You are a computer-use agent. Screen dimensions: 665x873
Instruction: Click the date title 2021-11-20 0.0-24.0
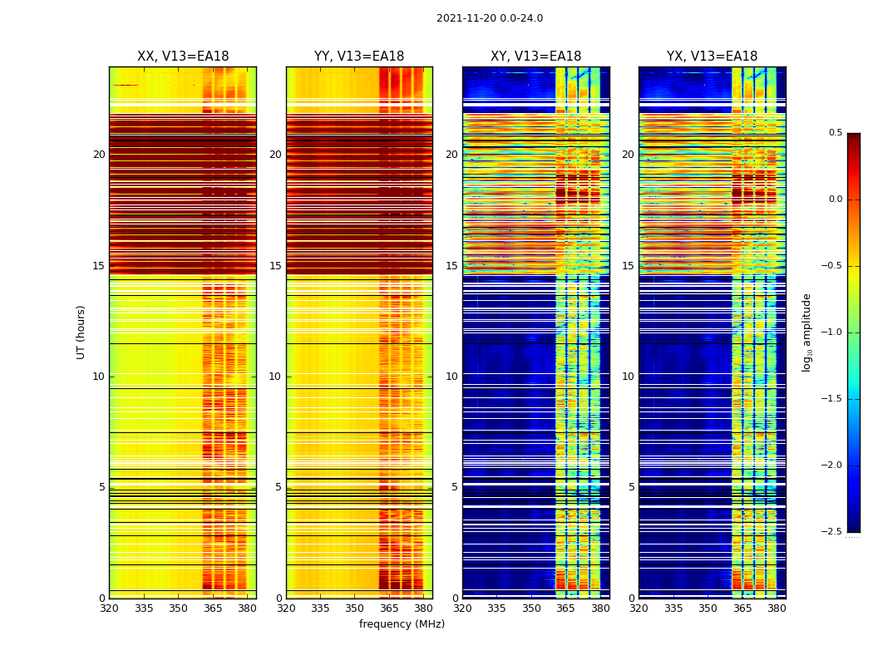click(489, 18)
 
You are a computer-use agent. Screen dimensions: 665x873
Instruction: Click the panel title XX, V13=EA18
click(183, 57)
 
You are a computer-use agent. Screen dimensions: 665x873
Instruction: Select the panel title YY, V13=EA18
click(359, 57)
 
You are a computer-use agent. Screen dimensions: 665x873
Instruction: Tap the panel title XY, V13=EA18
click(535, 57)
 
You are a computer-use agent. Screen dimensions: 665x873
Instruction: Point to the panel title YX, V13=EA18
click(712, 57)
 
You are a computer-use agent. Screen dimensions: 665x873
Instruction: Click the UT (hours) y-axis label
click(81, 332)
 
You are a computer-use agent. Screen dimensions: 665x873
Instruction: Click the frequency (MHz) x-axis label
click(402, 624)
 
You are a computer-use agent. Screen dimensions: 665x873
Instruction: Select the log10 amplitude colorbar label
click(806, 332)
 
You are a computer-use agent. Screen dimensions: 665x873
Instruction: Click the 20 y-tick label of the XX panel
click(99, 155)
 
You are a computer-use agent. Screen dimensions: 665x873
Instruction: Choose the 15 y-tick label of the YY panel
click(275, 266)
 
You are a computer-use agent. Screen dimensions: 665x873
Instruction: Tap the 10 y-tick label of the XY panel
click(451, 377)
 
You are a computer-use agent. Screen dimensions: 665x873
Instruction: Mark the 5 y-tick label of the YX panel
click(631, 487)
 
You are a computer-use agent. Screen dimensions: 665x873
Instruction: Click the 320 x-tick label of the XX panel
click(109, 608)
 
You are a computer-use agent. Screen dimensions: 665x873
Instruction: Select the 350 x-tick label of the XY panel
click(531, 608)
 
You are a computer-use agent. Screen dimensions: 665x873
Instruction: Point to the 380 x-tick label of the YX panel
click(777, 608)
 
